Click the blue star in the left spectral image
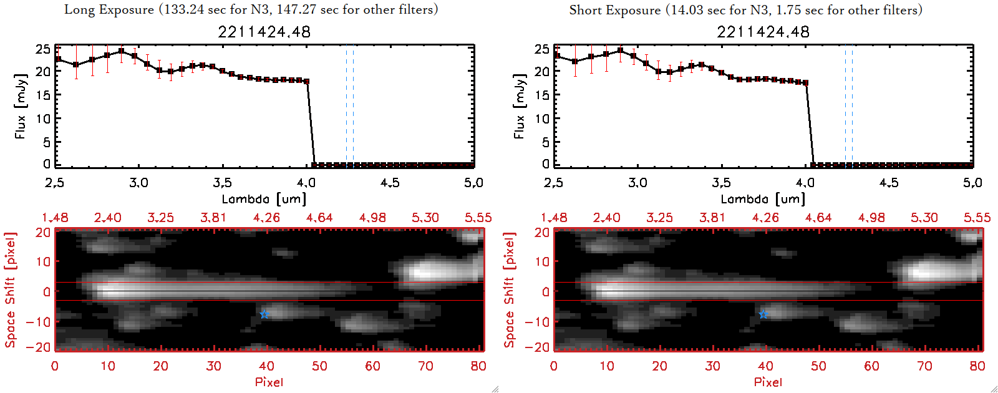(x=264, y=314)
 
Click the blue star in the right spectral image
(x=763, y=314)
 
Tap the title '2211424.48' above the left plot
(x=264, y=32)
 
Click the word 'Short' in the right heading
(x=585, y=10)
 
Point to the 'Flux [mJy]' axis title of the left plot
(x=21, y=107)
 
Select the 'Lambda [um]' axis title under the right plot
(x=763, y=199)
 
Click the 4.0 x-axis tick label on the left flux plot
(x=306, y=183)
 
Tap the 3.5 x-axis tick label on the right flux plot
(x=721, y=183)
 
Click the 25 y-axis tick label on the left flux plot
(x=43, y=49)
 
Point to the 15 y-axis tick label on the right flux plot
(x=542, y=95)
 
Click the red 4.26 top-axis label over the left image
(x=266, y=218)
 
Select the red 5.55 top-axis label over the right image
(x=977, y=218)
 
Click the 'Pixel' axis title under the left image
(x=269, y=382)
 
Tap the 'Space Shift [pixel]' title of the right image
(x=510, y=290)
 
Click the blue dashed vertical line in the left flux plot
(x=353, y=106)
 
